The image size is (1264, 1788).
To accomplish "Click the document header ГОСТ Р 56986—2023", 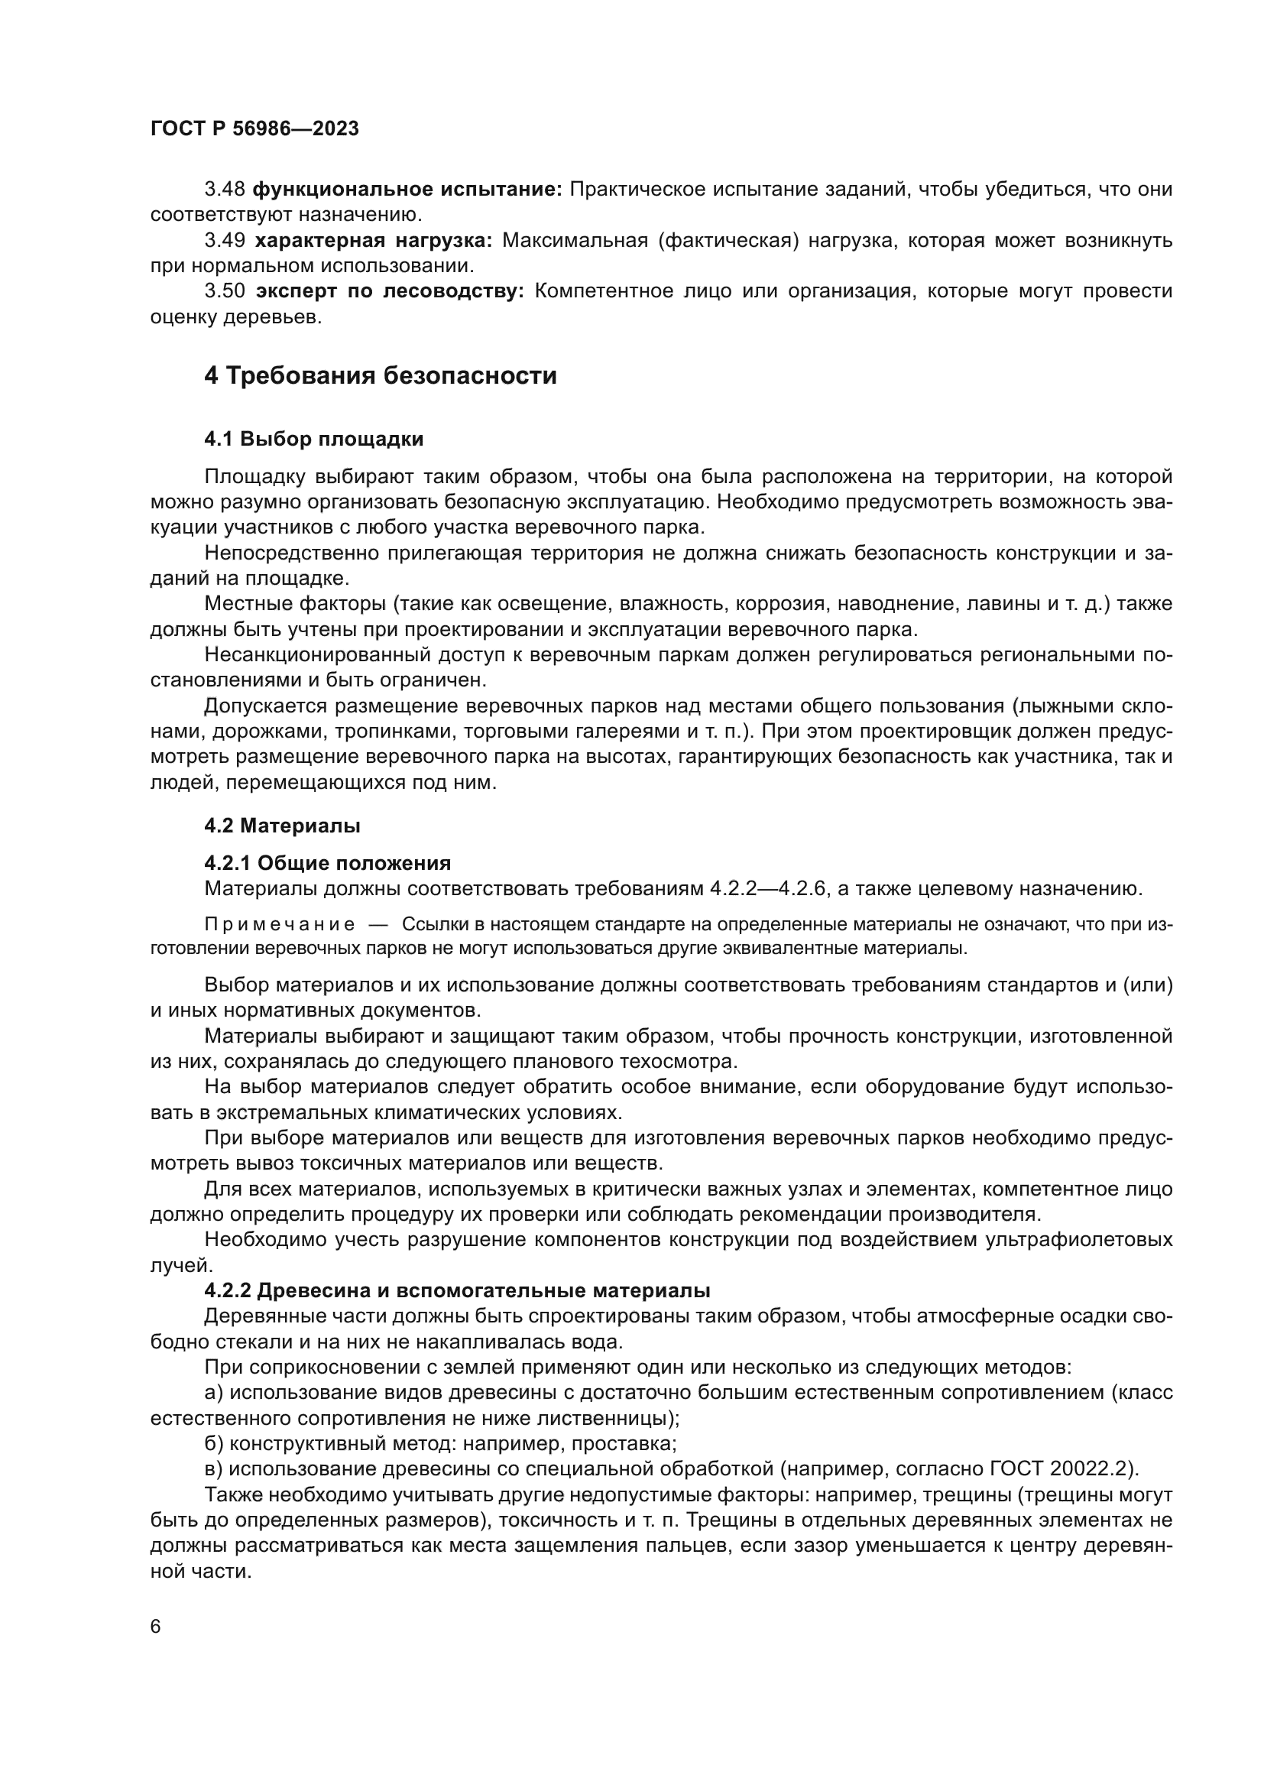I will [x=254, y=129].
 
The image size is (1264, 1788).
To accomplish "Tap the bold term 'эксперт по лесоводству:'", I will [x=390, y=291].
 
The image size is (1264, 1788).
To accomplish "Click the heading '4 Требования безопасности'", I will [x=381, y=376].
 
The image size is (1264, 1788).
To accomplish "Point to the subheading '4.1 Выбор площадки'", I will [x=313, y=440].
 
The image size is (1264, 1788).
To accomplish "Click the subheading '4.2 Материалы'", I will [x=282, y=825].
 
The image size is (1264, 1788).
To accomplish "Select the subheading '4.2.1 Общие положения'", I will [x=328, y=863].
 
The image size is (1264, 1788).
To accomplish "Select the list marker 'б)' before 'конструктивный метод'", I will [x=214, y=1444].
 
